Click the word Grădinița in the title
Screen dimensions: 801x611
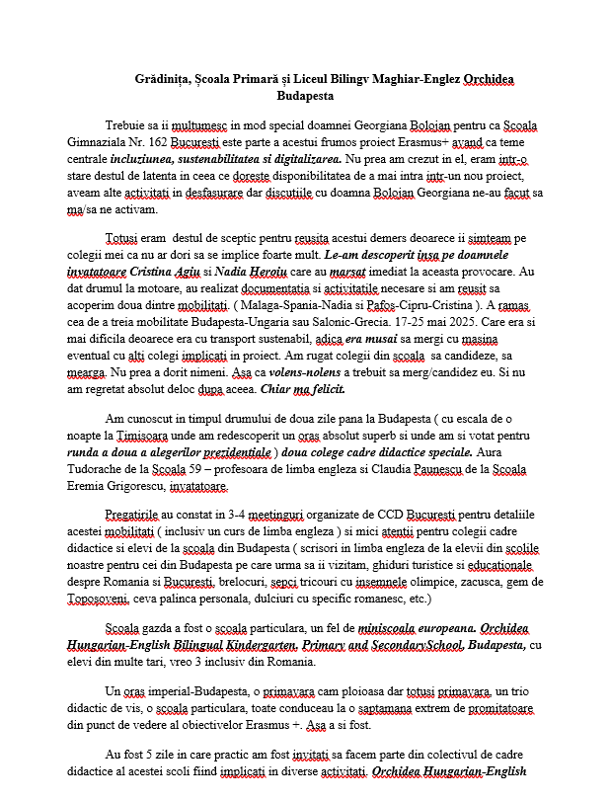pos(163,79)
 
